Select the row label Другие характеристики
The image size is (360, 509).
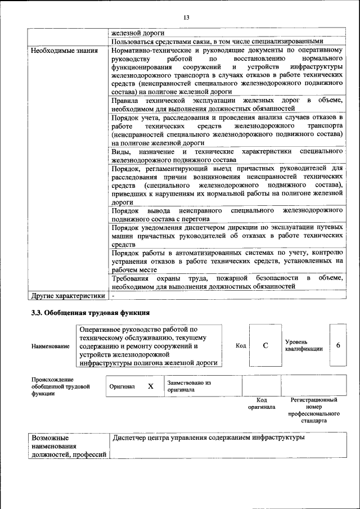pyautogui.click(x=67, y=295)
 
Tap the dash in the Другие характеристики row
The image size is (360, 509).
pyautogui.click(x=113, y=295)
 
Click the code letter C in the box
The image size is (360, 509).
pyautogui.click(x=265, y=345)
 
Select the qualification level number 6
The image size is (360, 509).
pyautogui.click(x=338, y=345)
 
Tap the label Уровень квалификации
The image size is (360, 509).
pyautogui.click(x=304, y=345)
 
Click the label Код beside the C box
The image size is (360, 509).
pyautogui.click(x=240, y=345)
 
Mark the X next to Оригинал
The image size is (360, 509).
pyautogui.click(x=150, y=386)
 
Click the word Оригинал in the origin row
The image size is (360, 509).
pyautogui.click(x=122, y=387)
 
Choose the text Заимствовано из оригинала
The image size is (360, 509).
pyautogui.click(x=188, y=386)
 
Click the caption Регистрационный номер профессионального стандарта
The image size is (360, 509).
pyautogui.click(x=313, y=410)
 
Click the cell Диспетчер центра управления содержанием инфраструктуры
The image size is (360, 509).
pyautogui.click(x=208, y=437)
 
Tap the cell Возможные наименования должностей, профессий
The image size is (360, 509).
pyautogui.click(x=69, y=446)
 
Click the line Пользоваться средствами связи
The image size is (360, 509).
pyautogui.click(x=217, y=41)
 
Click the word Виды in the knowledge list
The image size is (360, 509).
pyautogui.click(x=120, y=152)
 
